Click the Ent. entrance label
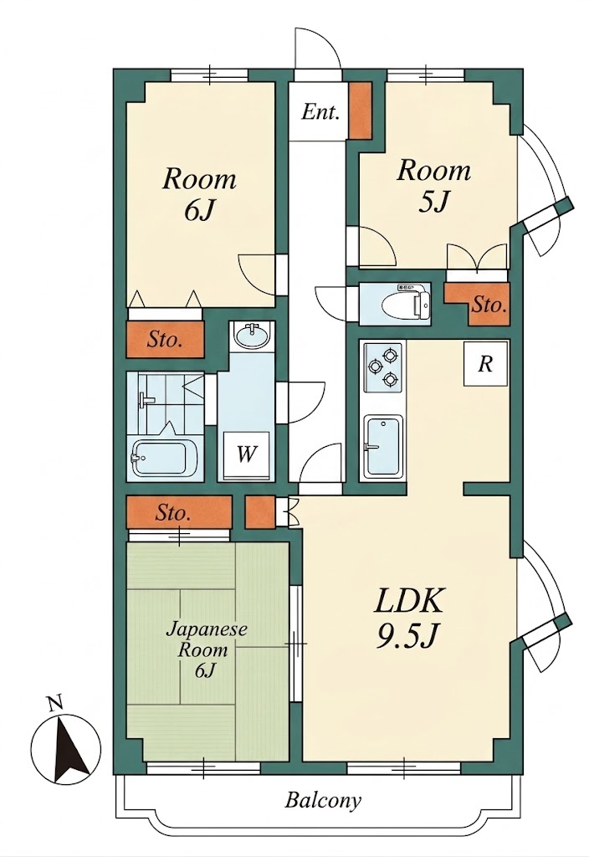320,113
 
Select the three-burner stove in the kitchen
382,367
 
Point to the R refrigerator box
486,364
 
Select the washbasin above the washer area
251,336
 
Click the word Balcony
323,801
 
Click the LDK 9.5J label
408,618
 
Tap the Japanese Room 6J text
206,649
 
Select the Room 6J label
199,194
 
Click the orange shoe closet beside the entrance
360,111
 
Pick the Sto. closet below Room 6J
165,340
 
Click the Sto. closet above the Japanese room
179,512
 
